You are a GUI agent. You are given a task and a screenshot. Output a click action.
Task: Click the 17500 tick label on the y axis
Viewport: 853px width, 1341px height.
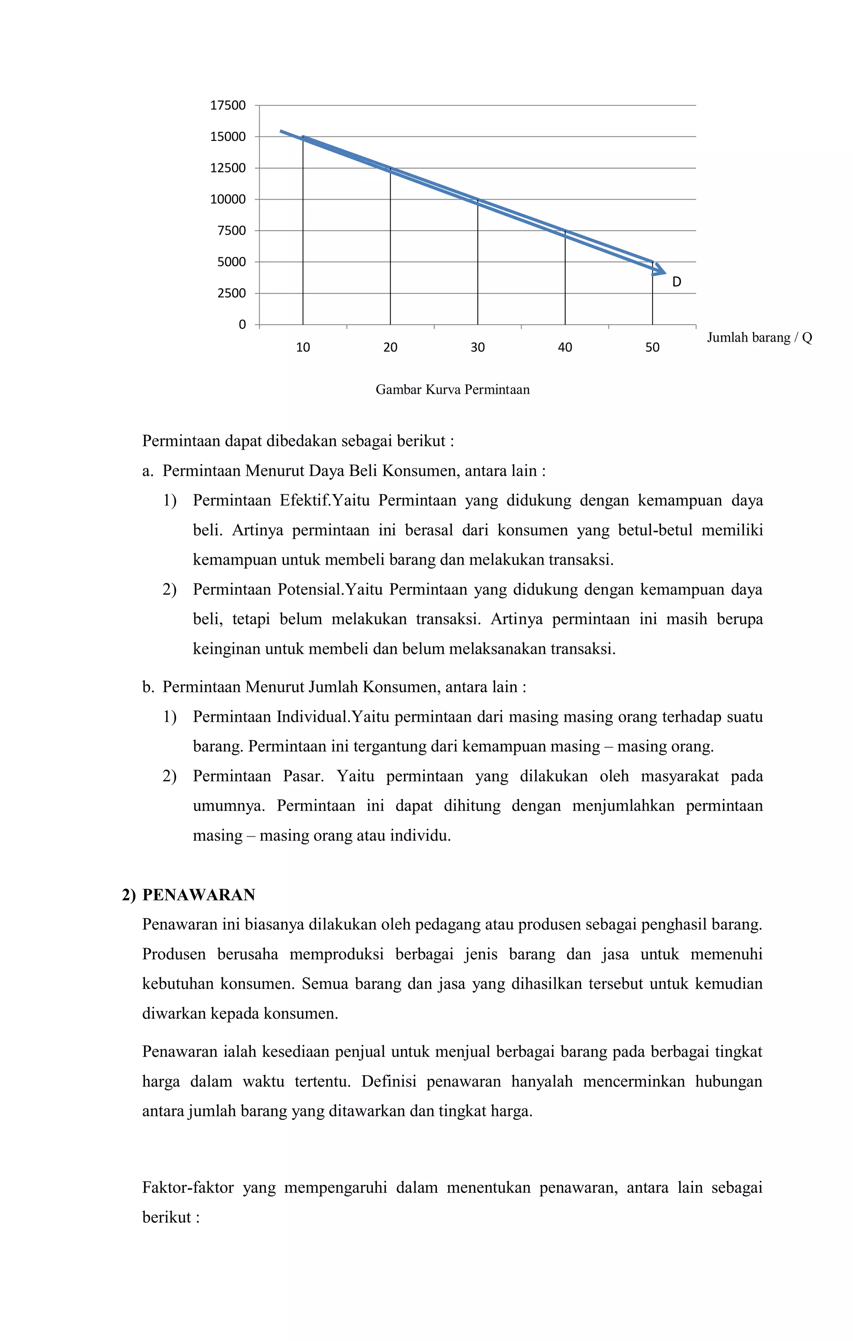tap(228, 105)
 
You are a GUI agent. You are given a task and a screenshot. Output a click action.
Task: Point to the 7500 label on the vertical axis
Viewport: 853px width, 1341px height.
tap(231, 230)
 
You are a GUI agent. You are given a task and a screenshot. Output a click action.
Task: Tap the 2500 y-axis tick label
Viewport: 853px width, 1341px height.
tap(231, 293)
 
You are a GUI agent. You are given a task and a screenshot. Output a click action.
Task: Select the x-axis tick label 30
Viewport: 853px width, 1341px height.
tap(477, 348)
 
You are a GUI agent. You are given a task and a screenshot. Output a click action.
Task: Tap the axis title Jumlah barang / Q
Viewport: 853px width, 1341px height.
tap(759, 338)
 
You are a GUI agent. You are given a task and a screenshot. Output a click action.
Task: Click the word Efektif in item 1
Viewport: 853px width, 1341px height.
tap(304, 500)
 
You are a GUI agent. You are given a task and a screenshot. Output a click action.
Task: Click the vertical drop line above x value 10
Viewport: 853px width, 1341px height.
tap(303, 234)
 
